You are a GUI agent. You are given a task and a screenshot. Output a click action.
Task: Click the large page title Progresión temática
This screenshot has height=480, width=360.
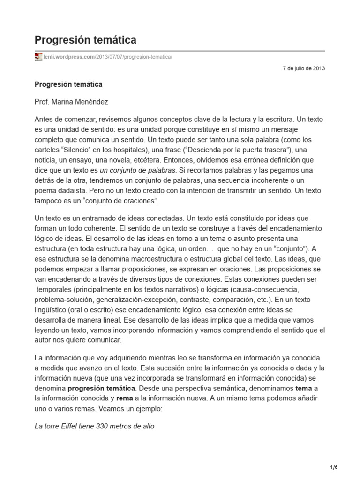[x=85, y=39]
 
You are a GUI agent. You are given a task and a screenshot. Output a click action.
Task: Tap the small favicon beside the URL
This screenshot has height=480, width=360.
[x=38, y=57]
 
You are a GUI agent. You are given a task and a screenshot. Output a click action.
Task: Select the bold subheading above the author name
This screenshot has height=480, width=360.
[x=68, y=84]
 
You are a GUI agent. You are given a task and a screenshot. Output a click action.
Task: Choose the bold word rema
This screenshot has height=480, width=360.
[x=125, y=398]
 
